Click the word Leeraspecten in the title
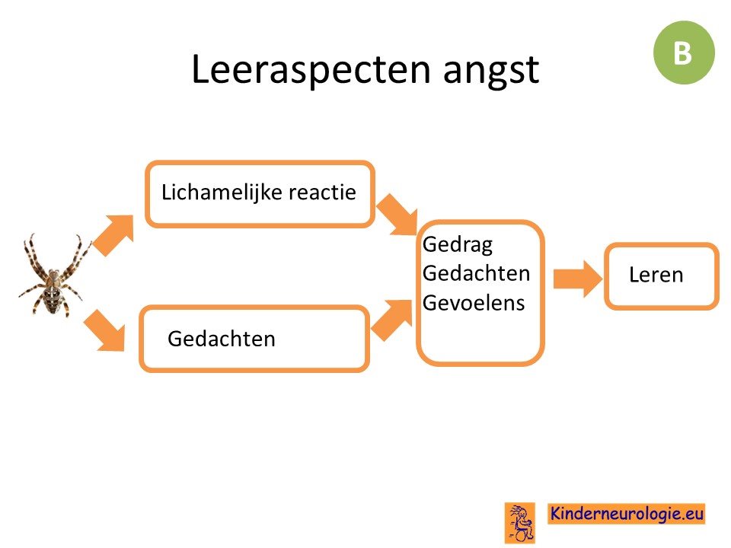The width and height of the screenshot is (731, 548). pos(311,69)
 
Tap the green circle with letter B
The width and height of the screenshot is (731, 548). pos(684,53)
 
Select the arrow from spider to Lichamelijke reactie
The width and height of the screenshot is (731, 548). pos(113,234)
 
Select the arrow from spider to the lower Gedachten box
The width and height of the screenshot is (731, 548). pos(105,330)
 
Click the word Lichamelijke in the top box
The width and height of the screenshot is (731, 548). pos(222,192)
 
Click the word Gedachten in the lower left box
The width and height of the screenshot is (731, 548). pos(222,339)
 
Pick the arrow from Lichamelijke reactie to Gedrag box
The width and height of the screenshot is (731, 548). pos(397,215)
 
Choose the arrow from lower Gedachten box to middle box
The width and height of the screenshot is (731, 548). pos(391,320)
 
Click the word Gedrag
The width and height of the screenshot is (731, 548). pos(458,244)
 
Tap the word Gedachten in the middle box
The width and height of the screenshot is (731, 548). pos(476,273)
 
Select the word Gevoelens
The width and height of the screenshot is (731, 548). pos(474,302)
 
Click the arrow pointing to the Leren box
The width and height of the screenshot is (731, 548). pos(578,279)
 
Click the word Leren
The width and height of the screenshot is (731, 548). pos(656,275)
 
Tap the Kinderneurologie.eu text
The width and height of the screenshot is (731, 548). pos(626,514)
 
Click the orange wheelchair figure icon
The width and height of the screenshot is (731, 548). pos(520,523)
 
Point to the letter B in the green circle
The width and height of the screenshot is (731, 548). pos(682,53)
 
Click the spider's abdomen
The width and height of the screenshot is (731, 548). pos(52,298)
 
